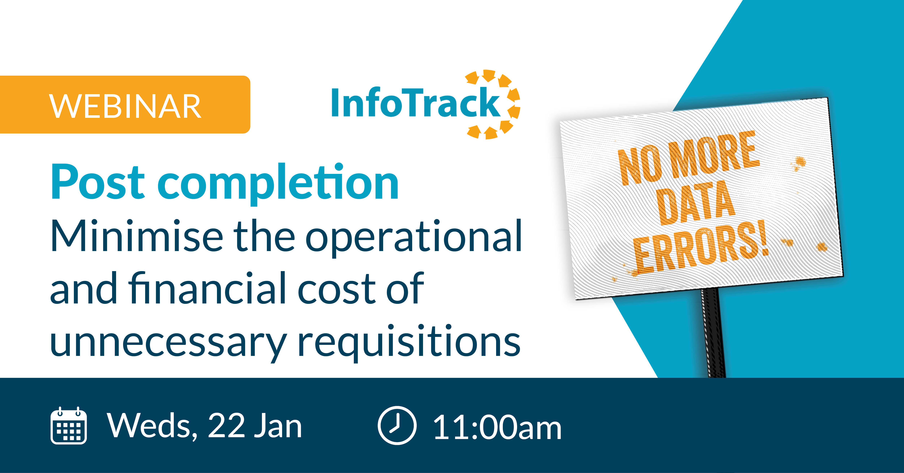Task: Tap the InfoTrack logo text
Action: (416, 102)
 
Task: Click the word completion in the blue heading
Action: (278, 184)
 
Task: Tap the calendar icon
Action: (69, 426)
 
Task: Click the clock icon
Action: (397, 425)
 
